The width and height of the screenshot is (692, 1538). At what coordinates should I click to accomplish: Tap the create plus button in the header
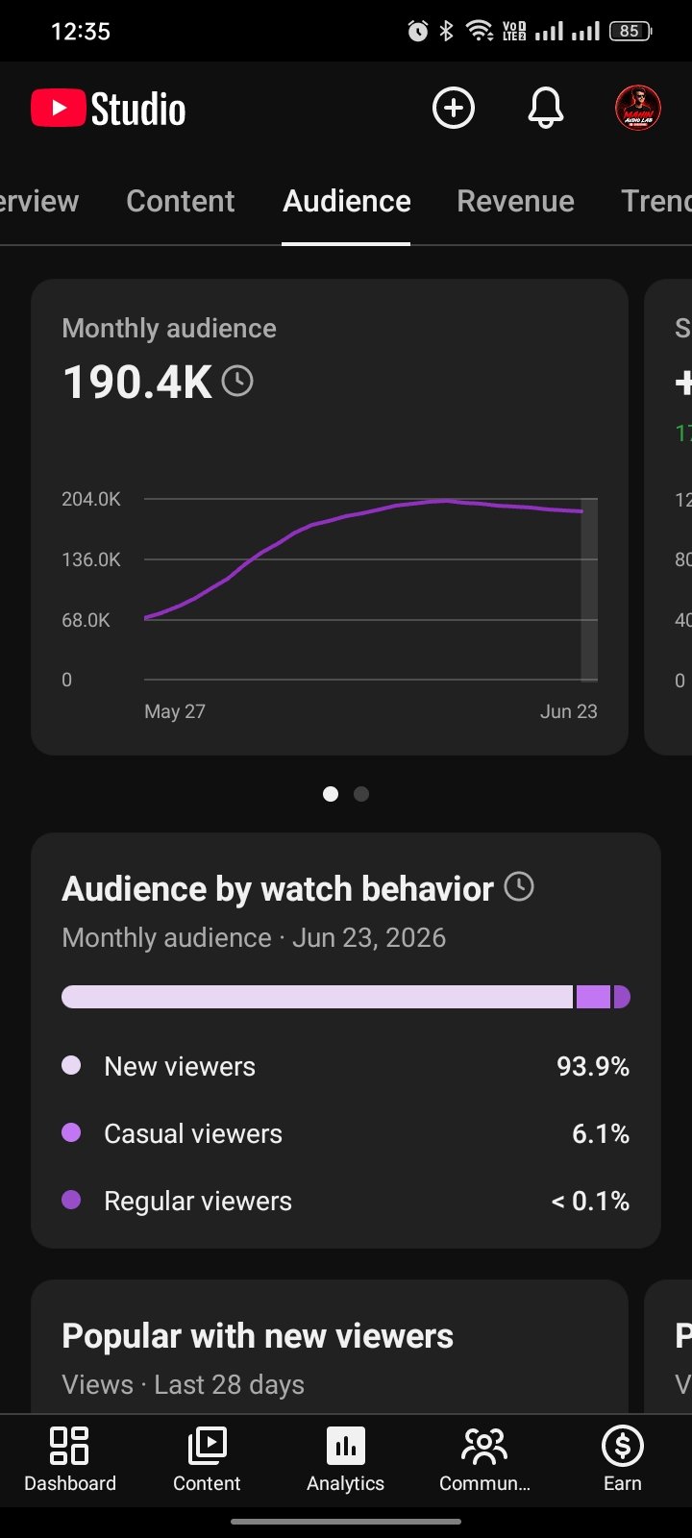tap(453, 108)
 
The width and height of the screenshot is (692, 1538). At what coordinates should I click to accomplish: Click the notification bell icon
tap(546, 108)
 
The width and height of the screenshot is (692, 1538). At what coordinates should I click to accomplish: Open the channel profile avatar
tap(638, 108)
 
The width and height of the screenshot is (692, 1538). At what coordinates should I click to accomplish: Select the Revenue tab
tap(515, 201)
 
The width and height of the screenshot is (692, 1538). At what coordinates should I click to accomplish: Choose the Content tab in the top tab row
tap(181, 201)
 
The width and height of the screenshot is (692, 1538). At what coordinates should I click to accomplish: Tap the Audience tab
tap(347, 201)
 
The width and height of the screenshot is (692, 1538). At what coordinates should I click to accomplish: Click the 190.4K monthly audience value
tap(137, 382)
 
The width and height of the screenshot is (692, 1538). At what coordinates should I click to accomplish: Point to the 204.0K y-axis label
tap(91, 499)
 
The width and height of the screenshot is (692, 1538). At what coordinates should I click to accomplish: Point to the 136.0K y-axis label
tap(91, 559)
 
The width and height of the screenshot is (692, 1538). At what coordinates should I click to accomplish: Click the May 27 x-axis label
tap(175, 711)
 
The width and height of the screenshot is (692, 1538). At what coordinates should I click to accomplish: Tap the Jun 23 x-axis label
tap(568, 711)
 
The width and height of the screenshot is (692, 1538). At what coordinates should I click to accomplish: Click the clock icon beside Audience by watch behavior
tap(519, 886)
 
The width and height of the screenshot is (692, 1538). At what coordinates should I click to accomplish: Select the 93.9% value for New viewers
tap(593, 1066)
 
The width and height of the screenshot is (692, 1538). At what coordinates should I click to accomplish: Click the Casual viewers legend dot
tap(71, 1132)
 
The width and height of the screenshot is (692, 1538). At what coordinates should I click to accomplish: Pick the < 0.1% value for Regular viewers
tap(590, 1201)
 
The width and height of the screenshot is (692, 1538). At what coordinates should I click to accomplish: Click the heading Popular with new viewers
tap(258, 1336)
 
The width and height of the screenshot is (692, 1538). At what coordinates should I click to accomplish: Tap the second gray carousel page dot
tap(361, 794)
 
